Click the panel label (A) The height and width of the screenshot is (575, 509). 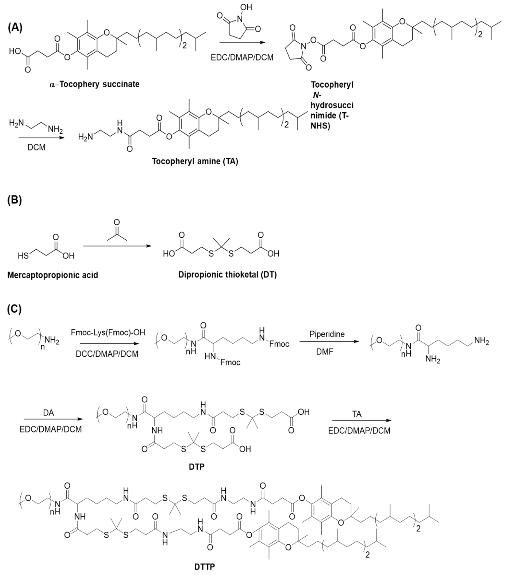[15, 28]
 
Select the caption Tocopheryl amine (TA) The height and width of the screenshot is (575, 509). [195, 161]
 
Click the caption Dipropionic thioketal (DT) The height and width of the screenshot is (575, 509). [227, 275]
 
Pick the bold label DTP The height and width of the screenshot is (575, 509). [196, 467]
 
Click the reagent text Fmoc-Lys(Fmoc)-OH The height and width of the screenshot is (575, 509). [108, 333]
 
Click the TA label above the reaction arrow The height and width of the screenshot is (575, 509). [357, 414]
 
